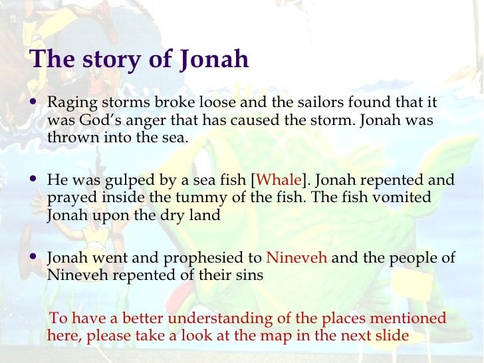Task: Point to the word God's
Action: (96, 122)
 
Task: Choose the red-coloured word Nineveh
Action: (297, 258)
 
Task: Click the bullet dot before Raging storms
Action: (35, 104)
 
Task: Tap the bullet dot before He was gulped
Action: (35, 180)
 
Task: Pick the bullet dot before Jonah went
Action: (35, 257)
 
